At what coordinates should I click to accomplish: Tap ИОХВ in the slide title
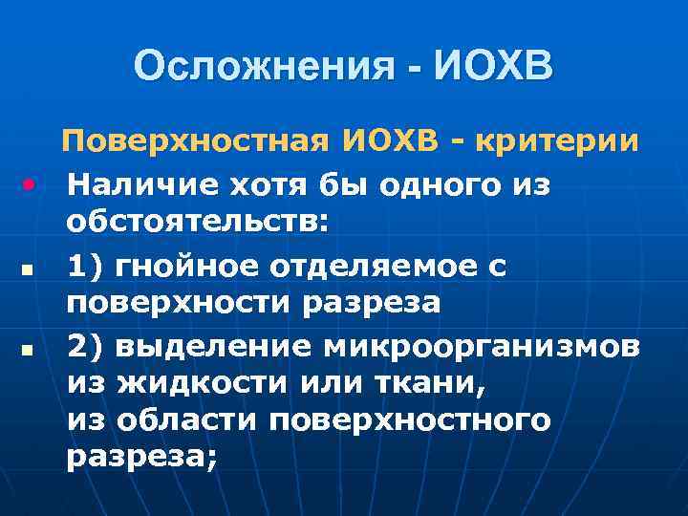493,66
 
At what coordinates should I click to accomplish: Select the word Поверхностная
199,142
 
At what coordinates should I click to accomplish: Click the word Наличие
135,183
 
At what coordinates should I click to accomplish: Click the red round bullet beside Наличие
32,181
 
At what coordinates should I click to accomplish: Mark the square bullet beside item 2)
32,351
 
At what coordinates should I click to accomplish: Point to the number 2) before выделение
87,345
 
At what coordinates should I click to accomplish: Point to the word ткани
400,383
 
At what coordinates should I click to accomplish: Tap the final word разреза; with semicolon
141,458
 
